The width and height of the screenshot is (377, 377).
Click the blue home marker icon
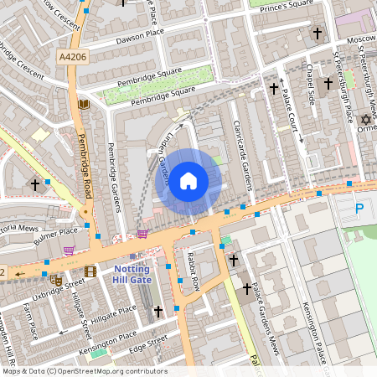coord(188,180)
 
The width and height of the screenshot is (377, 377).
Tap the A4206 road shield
coord(72,57)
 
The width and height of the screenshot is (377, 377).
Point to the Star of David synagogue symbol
coord(364,121)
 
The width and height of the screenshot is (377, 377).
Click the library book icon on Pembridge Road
coord(83,105)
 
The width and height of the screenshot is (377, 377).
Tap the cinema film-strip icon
coord(90,271)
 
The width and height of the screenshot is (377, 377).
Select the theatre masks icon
coord(56,280)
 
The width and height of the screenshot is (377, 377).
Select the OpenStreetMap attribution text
coord(84,371)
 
